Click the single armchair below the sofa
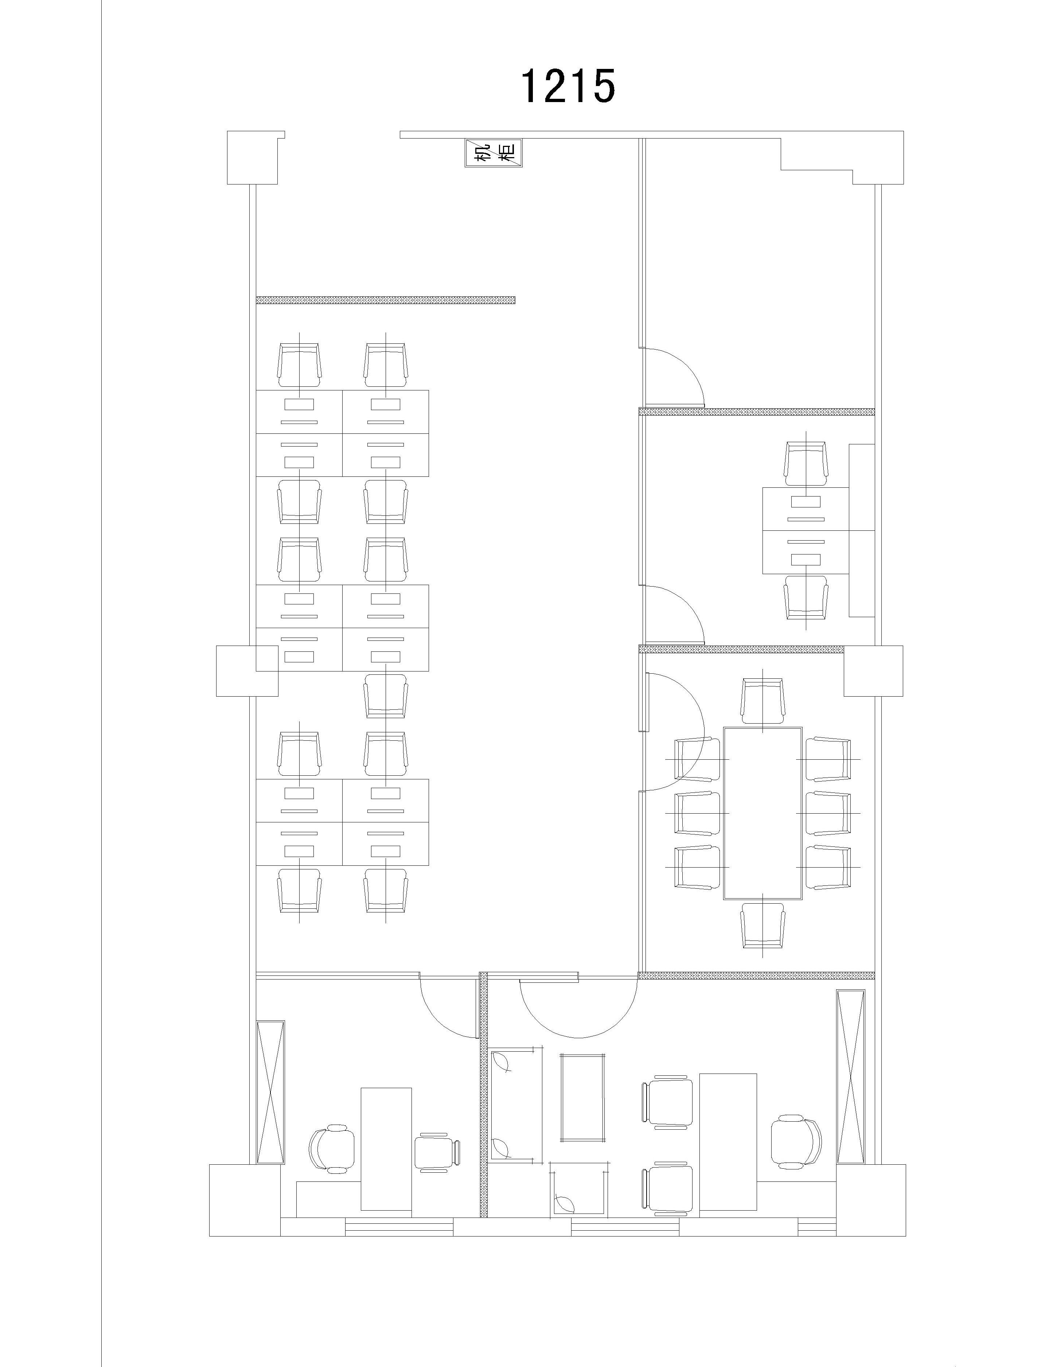[579, 1197]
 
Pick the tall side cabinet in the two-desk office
[862, 530]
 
